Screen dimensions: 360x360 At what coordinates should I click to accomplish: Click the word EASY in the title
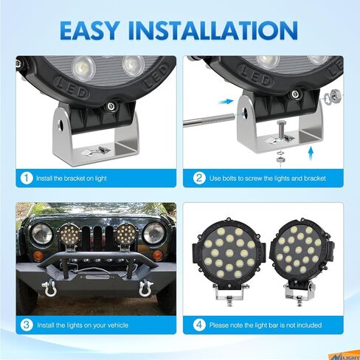tap(90, 30)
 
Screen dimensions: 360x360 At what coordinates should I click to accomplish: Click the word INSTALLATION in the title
tap(213, 30)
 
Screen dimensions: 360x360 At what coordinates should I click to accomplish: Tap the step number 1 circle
tap(27, 178)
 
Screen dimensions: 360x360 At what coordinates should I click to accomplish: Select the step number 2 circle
tap(199, 178)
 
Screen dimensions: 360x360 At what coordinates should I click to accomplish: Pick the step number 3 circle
tap(27, 325)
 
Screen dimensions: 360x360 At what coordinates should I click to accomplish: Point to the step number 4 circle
tap(199, 325)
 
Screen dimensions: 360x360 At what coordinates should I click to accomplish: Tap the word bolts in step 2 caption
tap(229, 178)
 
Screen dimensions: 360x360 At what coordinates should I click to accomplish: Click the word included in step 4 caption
tap(309, 325)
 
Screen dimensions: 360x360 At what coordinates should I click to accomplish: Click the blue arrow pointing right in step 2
tap(226, 101)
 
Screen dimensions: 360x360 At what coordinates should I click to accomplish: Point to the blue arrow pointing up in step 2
tap(311, 153)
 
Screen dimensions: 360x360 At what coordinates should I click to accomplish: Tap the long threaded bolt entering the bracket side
tap(209, 119)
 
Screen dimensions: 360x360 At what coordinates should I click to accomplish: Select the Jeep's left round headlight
tap(41, 234)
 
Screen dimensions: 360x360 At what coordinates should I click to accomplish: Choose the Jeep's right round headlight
tap(153, 233)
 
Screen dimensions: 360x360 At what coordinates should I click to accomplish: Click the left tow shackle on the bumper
tap(49, 288)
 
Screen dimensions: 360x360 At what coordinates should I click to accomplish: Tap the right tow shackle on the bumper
tap(146, 288)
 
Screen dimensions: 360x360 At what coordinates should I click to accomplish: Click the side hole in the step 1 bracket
tap(61, 125)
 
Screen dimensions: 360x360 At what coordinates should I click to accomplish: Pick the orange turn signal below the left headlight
tap(38, 256)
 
